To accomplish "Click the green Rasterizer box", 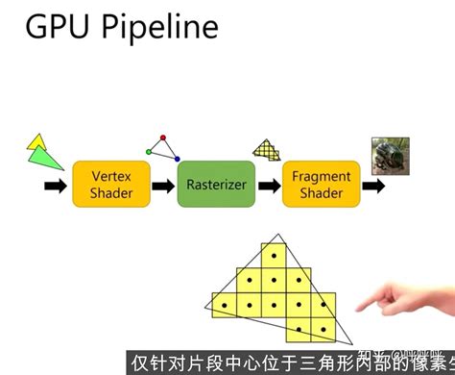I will (216, 185).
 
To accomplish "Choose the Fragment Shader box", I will (322, 185).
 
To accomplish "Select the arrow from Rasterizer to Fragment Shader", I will (269, 185).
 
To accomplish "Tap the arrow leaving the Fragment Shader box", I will (374, 185).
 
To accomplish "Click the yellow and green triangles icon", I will (39, 150).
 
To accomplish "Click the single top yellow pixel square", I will (274, 255).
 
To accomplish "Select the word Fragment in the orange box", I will (322, 177).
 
